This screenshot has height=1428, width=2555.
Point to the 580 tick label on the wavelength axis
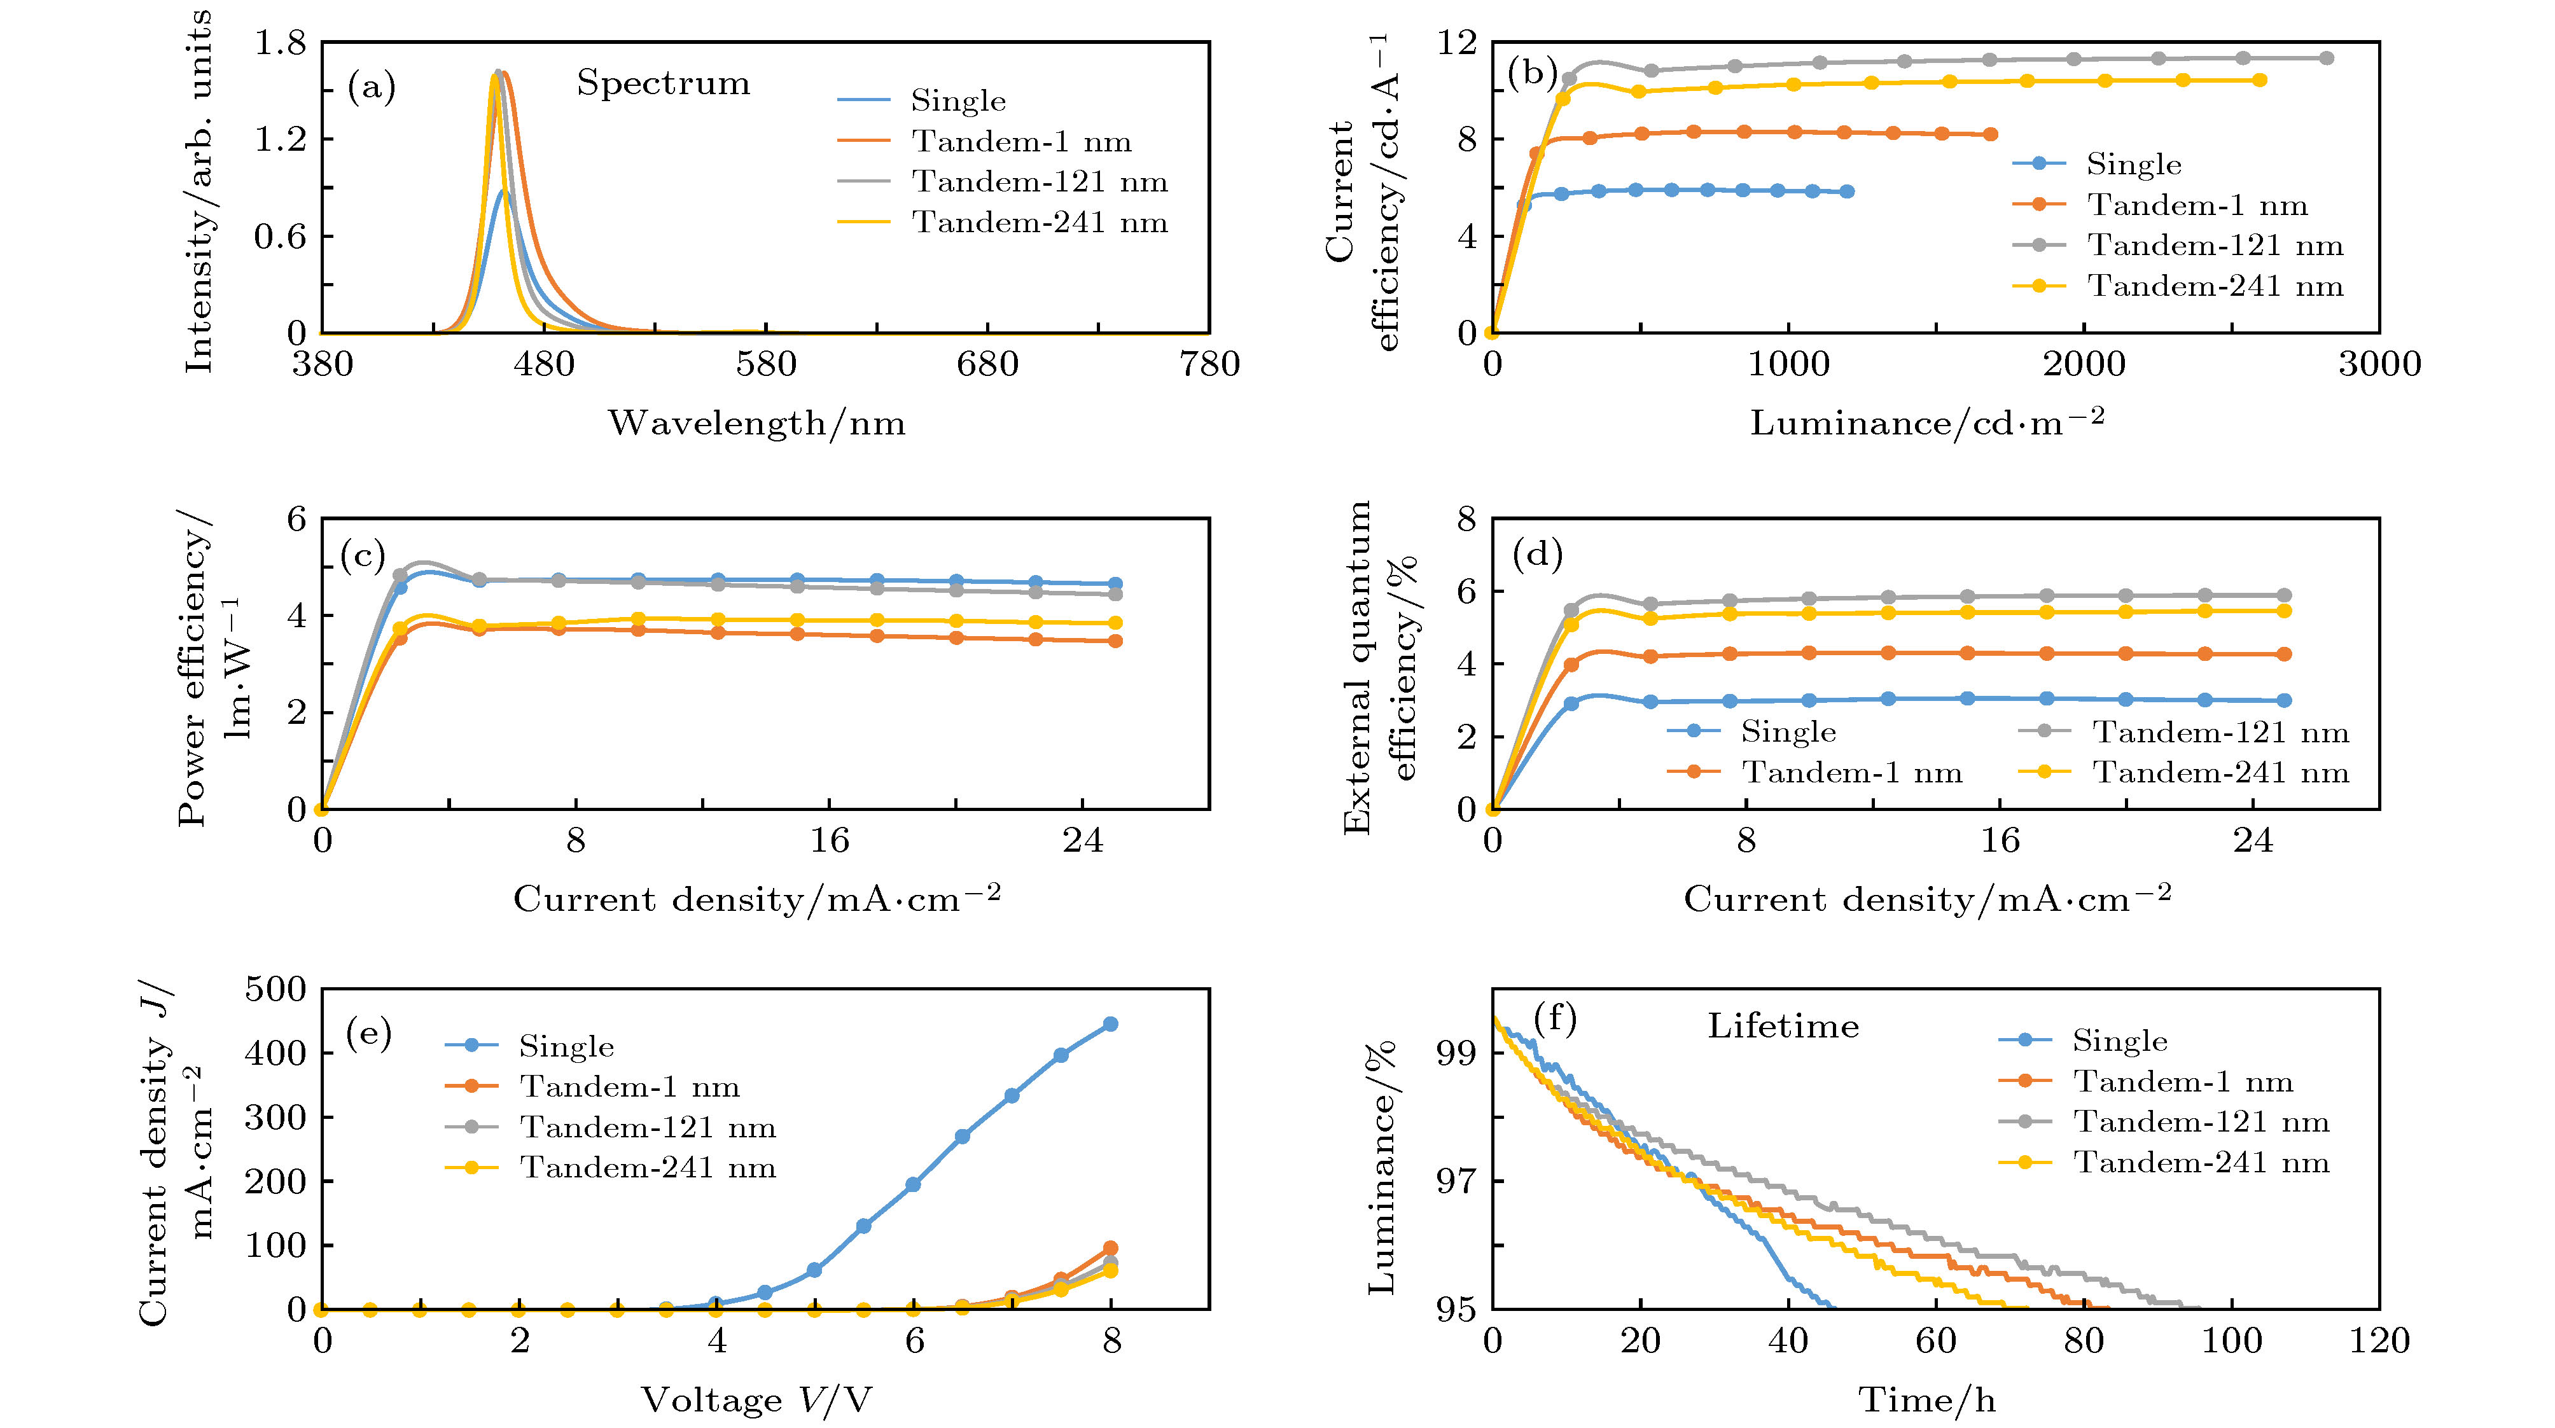(766, 364)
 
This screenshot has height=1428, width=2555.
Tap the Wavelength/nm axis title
(757, 424)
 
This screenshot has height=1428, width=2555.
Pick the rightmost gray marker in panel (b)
(2327, 57)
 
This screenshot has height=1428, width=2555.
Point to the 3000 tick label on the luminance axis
(2378, 364)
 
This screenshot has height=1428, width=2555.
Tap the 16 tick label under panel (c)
(829, 841)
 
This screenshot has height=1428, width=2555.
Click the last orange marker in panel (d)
(2284, 655)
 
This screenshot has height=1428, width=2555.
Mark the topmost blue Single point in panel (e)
(1110, 1023)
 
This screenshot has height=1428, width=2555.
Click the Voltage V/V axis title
(757, 1399)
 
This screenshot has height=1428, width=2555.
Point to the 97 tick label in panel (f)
(1456, 1181)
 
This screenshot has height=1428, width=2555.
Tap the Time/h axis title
(1926, 1399)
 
